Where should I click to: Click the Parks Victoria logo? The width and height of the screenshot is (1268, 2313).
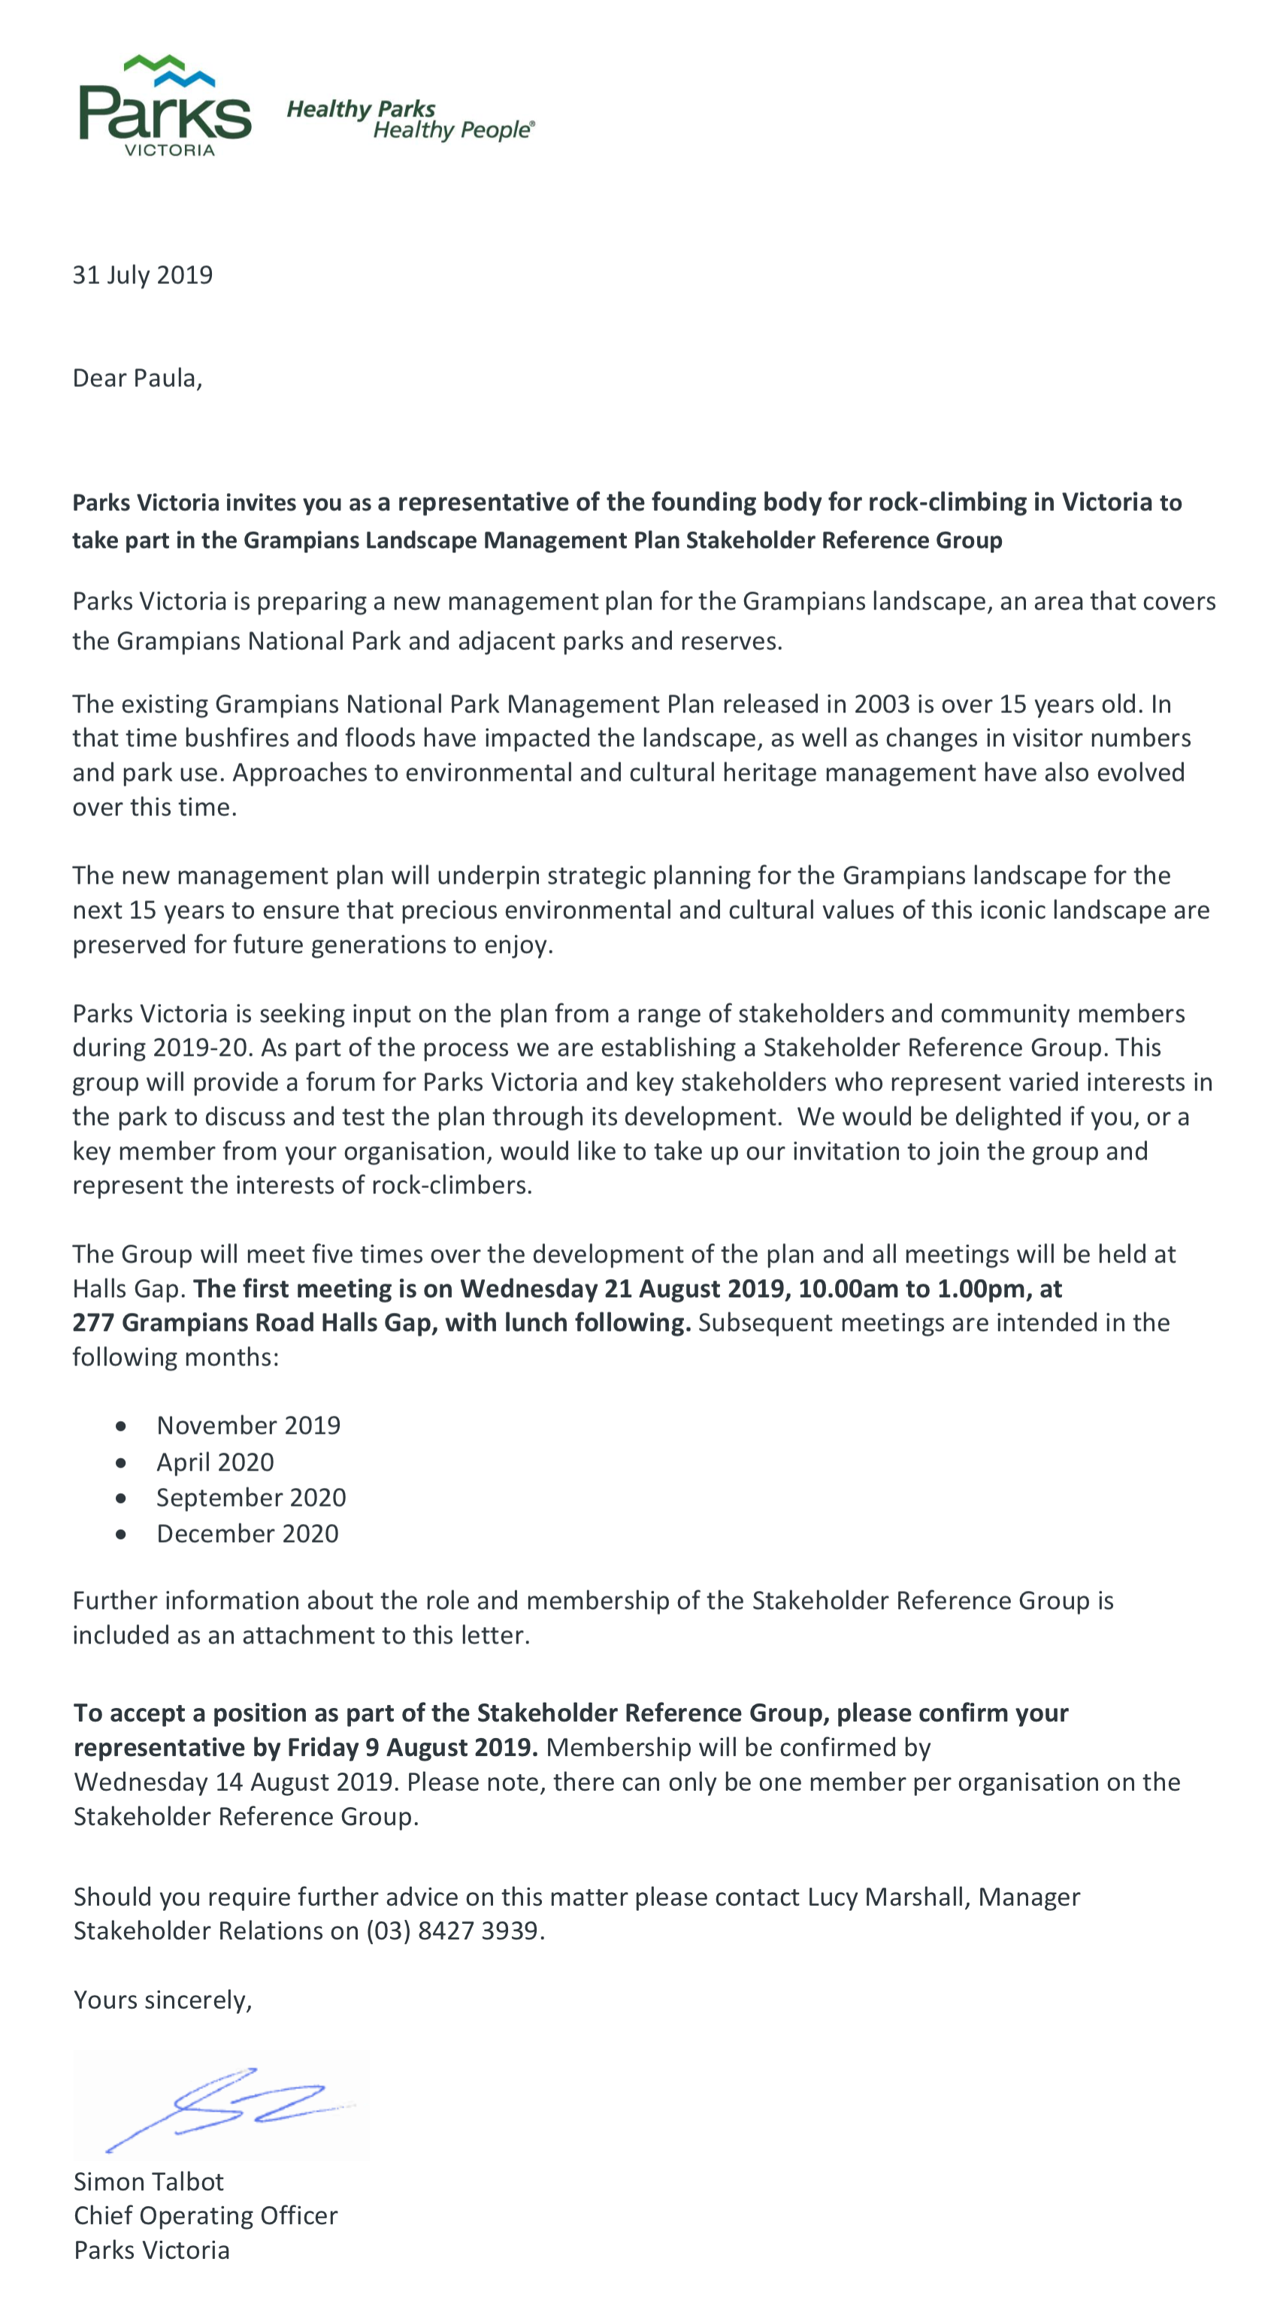point(165,106)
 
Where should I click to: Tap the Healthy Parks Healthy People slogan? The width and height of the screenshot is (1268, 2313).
point(410,119)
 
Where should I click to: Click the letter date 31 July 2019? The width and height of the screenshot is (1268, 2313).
point(143,275)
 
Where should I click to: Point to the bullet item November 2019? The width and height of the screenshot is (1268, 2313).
point(248,1425)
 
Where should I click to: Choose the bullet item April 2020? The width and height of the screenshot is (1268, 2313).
point(215,1462)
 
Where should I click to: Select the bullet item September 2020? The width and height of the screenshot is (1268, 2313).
point(250,1497)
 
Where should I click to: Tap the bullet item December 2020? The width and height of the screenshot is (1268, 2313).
point(247,1533)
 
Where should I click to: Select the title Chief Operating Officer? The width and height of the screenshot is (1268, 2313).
point(206,2216)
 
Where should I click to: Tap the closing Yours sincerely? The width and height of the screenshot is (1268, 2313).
point(162,2000)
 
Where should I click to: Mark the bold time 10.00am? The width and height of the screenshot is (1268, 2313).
point(849,1289)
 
